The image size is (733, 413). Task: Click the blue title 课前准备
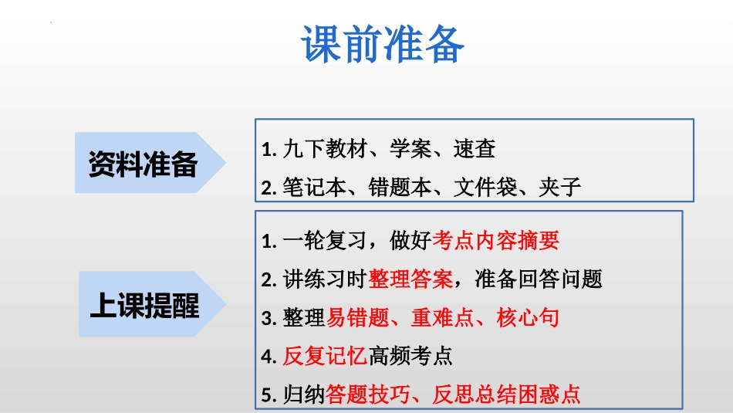(x=383, y=45)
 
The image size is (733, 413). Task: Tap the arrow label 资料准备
(x=143, y=164)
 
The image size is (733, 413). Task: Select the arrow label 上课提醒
(x=145, y=305)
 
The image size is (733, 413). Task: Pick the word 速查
(x=475, y=149)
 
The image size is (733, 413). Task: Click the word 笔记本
(x=314, y=188)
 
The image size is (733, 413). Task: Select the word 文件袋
(x=485, y=188)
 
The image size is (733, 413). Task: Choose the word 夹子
(x=560, y=188)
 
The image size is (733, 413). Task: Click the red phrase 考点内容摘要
(x=495, y=241)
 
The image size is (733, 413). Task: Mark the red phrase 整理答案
(x=410, y=279)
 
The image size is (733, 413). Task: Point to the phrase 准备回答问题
(x=539, y=279)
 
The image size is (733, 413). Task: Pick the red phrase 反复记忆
(x=325, y=356)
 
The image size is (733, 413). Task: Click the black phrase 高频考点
(x=410, y=356)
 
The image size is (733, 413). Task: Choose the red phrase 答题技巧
(x=368, y=394)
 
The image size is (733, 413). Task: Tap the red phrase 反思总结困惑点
(x=506, y=394)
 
